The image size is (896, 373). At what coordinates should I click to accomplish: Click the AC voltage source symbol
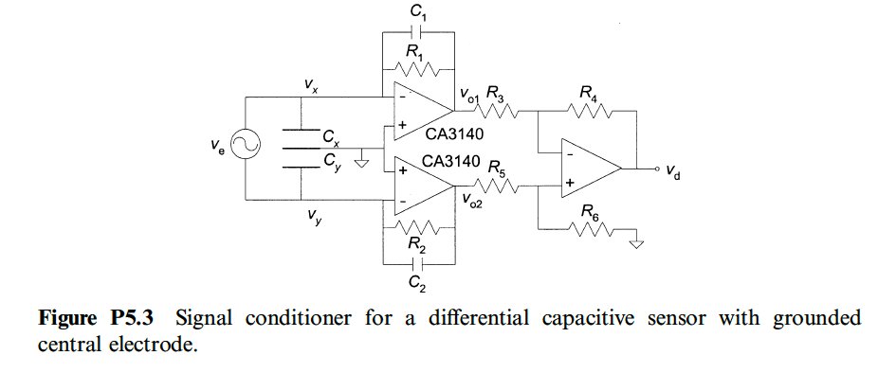(245, 148)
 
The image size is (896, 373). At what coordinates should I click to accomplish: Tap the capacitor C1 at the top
(419, 30)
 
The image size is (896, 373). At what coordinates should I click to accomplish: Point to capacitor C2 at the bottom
(419, 263)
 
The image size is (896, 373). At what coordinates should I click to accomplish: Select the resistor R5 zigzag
(501, 187)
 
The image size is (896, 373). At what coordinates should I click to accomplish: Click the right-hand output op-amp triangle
(588, 169)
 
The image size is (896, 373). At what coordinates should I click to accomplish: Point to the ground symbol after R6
(637, 243)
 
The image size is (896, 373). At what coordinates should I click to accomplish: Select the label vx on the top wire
(311, 85)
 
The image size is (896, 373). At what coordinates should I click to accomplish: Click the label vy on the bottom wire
(312, 215)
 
